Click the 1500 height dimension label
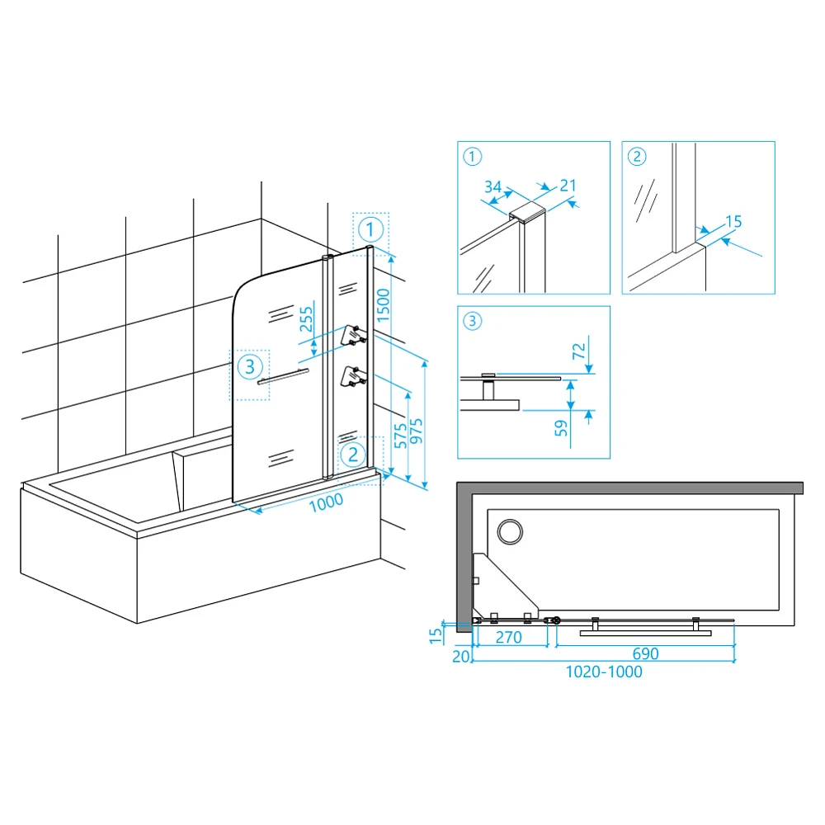[383, 305]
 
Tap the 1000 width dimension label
[326, 502]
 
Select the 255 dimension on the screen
[306, 319]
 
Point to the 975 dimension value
[416, 431]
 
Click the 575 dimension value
[401, 436]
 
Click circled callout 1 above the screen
[370, 230]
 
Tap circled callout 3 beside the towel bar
[250, 367]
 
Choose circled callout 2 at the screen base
[353, 454]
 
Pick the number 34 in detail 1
[493, 186]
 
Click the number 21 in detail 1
[568, 185]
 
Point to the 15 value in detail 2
[733, 221]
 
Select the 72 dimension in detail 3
[579, 351]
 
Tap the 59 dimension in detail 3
[561, 428]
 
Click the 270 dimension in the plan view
[509, 637]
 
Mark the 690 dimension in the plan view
[646, 653]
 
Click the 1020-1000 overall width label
[604, 672]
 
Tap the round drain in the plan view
[510, 532]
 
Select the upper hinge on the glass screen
[354, 336]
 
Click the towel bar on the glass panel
[283, 377]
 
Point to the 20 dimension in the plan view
[461, 656]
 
